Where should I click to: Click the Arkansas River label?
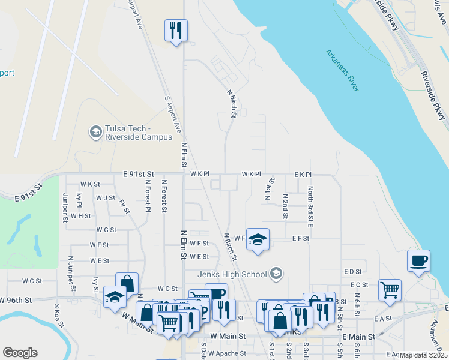pyautogui.click(x=342, y=70)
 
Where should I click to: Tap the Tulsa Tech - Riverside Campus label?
pyautogui.click(x=130, y=133)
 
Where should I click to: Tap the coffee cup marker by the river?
pyautogui.click(x=418, y=261)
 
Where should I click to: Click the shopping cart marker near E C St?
pyautogui.click(x=390, y=290)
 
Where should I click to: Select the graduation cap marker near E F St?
pyautogui.click(x=258, y=239)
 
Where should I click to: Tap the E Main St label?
pyautogui.click(x=358, y=337)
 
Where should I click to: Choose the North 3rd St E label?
pyautogui.click(x=310, y=206)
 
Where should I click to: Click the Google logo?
pyautogui.click(x=20, y=353)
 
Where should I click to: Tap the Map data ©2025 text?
pyautogui.click(x=423, y=355)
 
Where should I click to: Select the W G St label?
pyautogui.click(x=106, y=230)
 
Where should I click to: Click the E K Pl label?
pyautogui.click(x=303, y=174)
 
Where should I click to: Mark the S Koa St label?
pyautogui.click(x=58, y=317)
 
